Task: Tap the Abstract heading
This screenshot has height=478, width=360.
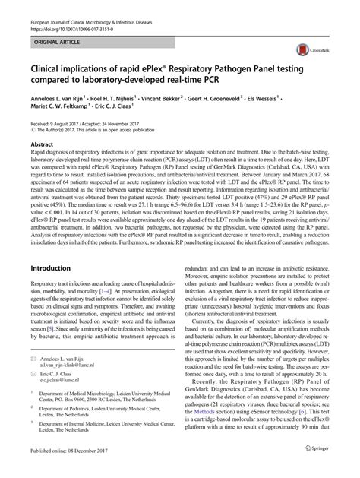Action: pos(42,142)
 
